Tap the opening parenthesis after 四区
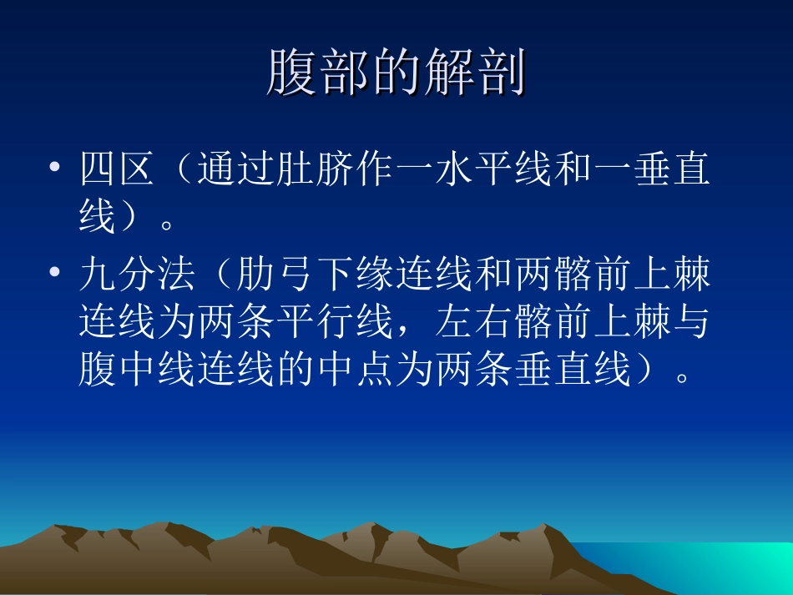pyautogui.click(x=184, y=170)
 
